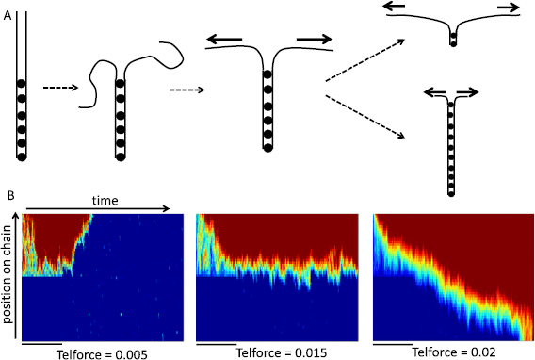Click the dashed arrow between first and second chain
point(60,88)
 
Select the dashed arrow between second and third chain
point(186,90)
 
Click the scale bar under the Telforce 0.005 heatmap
point(41,343)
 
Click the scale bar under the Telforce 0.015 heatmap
point(217,343)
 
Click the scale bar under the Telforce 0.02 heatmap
point(394,343)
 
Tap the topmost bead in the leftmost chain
point(21,84)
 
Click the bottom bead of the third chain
point(267,146)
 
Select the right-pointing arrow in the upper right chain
point(505,7)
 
